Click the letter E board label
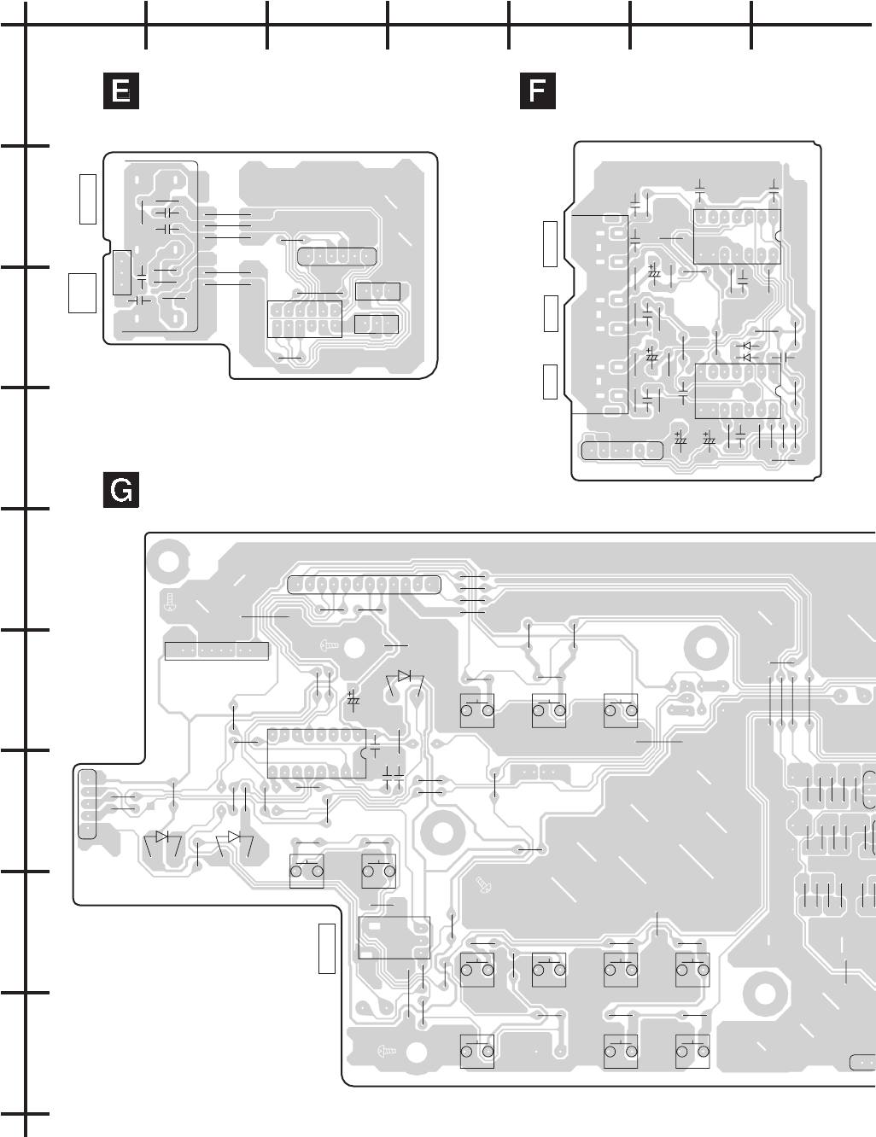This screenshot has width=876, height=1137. click(x=121, y=91)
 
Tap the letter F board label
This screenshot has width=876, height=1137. click(x=537, y=91)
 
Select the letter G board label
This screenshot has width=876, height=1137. click(x=121, y=491)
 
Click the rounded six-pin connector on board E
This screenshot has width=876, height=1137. click(x=337, y=256)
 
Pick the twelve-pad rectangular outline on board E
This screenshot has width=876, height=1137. click(x=305, y=319)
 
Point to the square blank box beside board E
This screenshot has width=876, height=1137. click(x=82, y=292)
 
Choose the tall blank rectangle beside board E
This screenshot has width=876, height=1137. click(x=87, y=198)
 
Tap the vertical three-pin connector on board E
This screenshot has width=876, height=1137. click(x=121, y=273)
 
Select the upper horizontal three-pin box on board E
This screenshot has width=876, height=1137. click(x=377, y=292)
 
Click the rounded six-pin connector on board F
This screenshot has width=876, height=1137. click(x=622, y=450)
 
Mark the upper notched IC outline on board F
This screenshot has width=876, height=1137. click(x=737, y=236)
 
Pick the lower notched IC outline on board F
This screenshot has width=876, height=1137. click(x=738, y=391)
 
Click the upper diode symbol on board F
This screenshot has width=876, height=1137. click(x=747, y=347)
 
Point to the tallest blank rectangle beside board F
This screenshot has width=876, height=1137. click(x=551, y=242)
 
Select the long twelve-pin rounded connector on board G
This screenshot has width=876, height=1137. click(x=365, y=585)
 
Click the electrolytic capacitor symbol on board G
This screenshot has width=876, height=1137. click(x=353, y=698)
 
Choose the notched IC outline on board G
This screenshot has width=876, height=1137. click(x=317, y=755)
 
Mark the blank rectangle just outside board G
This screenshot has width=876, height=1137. click(x=327, y=948)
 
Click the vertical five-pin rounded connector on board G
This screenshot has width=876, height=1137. click(x=87, y=804)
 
